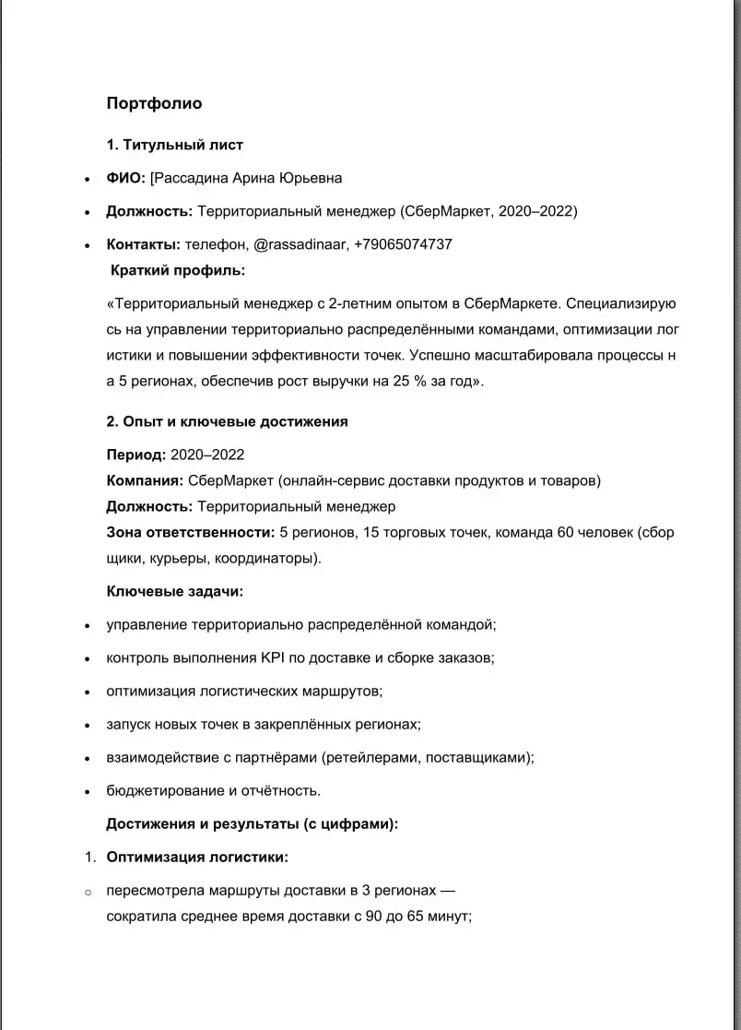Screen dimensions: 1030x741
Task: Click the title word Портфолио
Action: (x=154, y=103)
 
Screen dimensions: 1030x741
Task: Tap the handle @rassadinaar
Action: (x=299, y=244)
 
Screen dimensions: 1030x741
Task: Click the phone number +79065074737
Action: (x=403, y=244)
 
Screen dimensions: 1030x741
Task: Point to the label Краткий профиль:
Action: (x=178, y=270)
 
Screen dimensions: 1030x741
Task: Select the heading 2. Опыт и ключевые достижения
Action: (x=227, y=421)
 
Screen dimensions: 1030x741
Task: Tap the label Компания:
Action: (x=145, y=480)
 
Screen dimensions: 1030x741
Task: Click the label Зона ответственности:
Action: (x=191, y=532)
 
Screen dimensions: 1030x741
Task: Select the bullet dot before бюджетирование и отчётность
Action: (x=87, y=791)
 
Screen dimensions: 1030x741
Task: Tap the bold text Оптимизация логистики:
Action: (x=197, y=857)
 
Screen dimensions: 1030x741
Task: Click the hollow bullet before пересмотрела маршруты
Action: (x=88, y=892)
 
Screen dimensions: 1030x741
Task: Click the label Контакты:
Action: (x=143, y=244)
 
